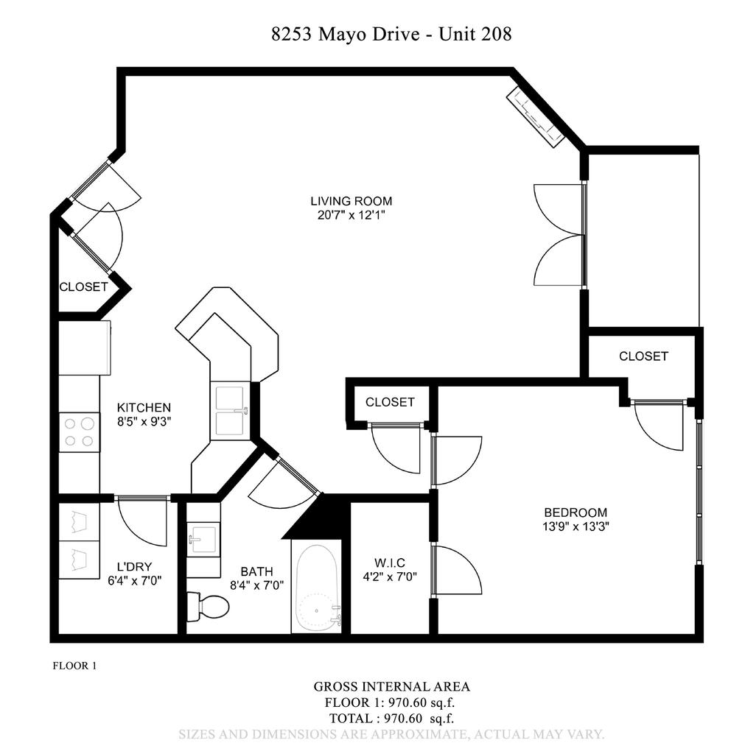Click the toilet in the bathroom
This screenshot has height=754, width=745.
208,607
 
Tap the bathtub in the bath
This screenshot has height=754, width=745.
317,587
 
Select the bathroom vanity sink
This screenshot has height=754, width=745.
202,539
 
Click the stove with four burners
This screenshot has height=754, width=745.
79,432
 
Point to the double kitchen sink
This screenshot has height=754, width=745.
230,411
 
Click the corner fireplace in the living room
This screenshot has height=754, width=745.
535,116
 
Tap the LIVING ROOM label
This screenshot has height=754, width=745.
351,201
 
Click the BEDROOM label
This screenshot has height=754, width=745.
576,512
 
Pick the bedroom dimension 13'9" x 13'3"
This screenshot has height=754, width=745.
576,526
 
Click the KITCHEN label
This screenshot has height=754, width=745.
144,407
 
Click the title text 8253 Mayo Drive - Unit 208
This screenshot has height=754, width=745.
391,34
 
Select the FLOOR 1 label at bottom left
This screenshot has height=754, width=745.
74,666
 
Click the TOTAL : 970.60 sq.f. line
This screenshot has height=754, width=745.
391,717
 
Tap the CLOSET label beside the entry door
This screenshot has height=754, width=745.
83,287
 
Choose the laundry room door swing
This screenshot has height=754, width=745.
142,521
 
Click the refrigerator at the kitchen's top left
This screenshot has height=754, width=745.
84,348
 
